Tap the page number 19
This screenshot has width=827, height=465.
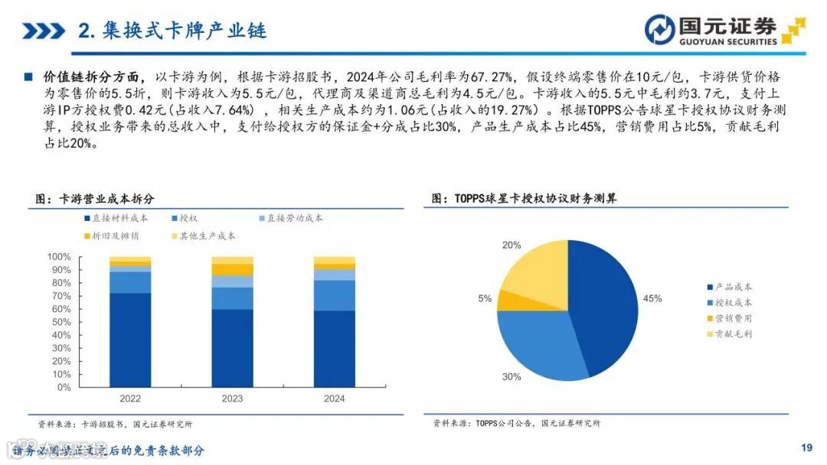coord(806,447)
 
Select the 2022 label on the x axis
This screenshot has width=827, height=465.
coord(130,398)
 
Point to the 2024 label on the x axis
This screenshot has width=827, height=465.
coord(335,398)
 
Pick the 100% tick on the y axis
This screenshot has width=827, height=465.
coord(59,257)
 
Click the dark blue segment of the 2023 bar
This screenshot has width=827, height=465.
coord(232,348)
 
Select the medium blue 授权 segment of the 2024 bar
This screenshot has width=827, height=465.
coord(335,295)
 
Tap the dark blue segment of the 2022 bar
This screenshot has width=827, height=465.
coord(130,340)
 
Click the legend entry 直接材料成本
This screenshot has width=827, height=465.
coord(115,218)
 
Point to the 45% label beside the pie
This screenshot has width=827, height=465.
coord(652,298)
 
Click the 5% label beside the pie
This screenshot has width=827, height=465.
coord(484,299)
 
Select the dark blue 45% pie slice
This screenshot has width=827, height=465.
coord(605,306)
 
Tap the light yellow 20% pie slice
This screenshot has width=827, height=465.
coord(536,268)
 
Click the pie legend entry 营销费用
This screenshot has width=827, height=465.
coord(733,318)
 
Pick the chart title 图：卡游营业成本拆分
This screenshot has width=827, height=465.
coord(95,199)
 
